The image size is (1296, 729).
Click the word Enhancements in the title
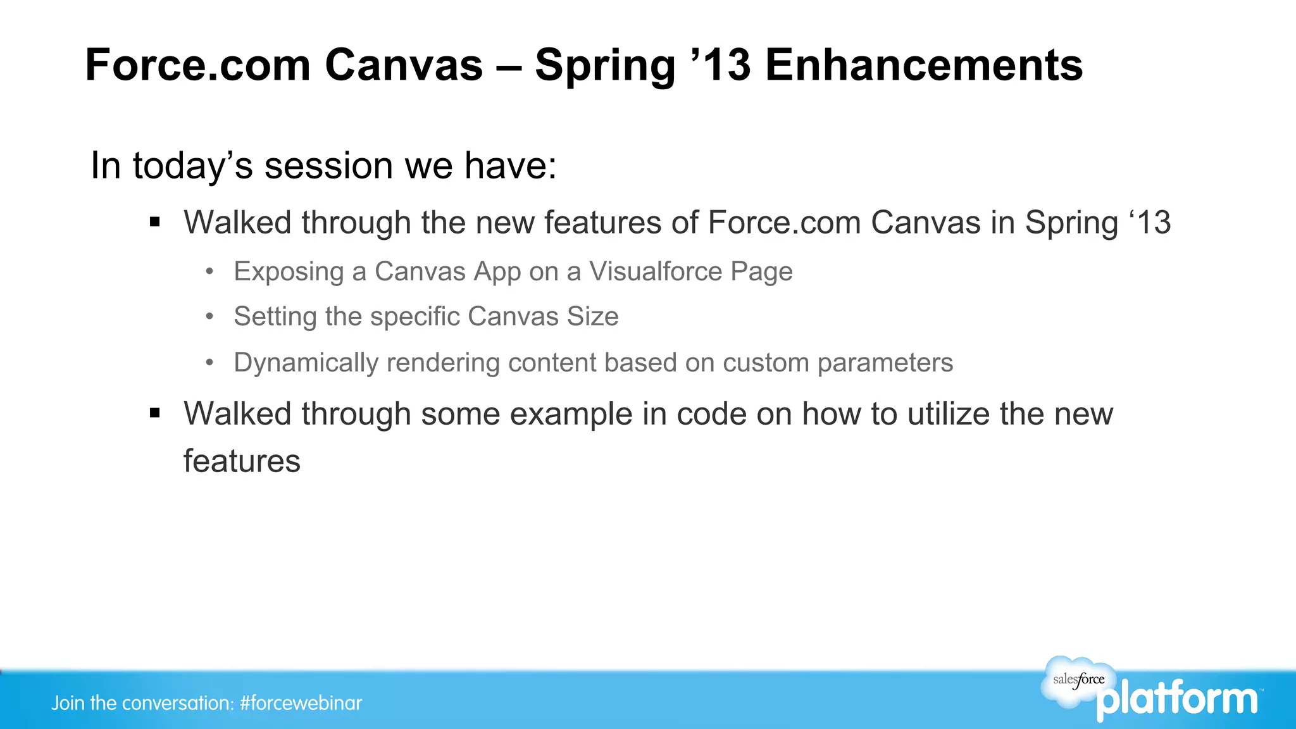924,65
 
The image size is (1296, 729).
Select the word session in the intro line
328,166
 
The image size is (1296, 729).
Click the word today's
192,166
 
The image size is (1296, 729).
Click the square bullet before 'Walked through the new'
155,222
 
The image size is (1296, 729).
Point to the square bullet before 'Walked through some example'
155,413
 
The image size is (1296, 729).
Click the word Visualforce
656,271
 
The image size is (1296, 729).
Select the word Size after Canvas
592,316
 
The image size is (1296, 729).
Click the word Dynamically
306,363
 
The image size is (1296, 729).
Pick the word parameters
885,363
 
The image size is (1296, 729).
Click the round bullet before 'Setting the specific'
210,316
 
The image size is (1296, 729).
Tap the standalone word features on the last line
242,461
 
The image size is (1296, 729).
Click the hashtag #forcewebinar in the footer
301,703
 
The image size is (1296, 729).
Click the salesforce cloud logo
1078,680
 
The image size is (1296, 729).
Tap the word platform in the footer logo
1177,700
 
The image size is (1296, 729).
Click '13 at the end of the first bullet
1150,223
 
